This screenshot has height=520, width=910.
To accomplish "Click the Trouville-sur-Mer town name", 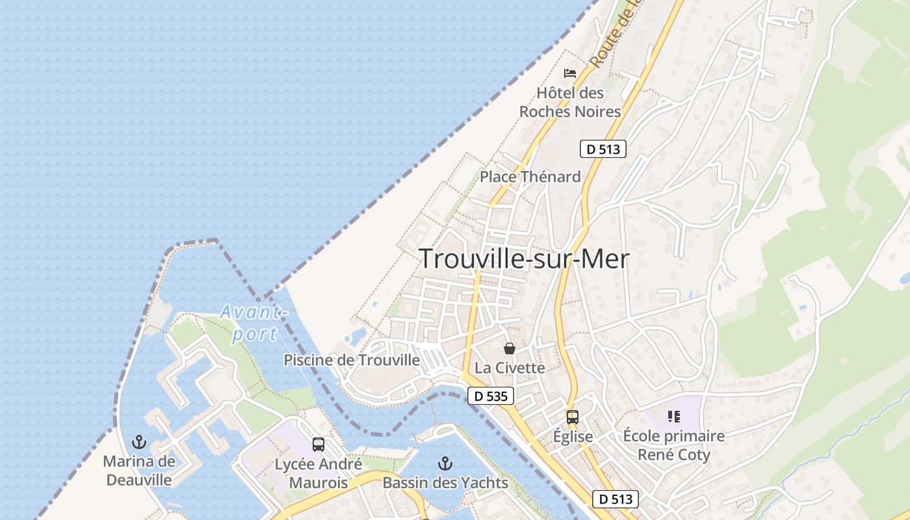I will coord(524,259).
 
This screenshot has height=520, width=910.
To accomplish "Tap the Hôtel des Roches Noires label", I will coord(570,103).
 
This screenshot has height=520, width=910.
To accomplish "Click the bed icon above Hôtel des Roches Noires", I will coord(570,73).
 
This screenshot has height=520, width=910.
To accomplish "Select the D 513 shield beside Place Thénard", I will coord(603,149).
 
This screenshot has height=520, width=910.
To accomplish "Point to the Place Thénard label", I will coord(530,177).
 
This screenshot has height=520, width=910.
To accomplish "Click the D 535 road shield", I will coord(491,396).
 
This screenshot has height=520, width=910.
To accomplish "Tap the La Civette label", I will coord(510,368).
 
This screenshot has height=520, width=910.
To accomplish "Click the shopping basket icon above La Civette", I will coord(510,348).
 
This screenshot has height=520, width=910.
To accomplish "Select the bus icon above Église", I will coord(573,417).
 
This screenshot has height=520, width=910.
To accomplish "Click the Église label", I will coord(573,436).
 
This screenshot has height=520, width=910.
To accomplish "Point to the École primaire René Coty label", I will coord(673,445).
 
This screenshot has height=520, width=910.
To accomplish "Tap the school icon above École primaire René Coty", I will coord(673,417).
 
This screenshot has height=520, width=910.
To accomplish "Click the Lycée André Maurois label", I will coord(318,473).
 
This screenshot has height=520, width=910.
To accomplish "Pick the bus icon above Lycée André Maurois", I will coord(318,445).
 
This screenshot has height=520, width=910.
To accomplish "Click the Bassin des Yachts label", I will coord(445,483).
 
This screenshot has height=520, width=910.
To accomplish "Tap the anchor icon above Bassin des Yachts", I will coord(445,463).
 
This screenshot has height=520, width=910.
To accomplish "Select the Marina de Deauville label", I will coord(139,471).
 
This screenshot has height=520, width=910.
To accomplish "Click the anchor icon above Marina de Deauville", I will coord(139,443).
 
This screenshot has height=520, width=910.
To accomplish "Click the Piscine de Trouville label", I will coord(352,359).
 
